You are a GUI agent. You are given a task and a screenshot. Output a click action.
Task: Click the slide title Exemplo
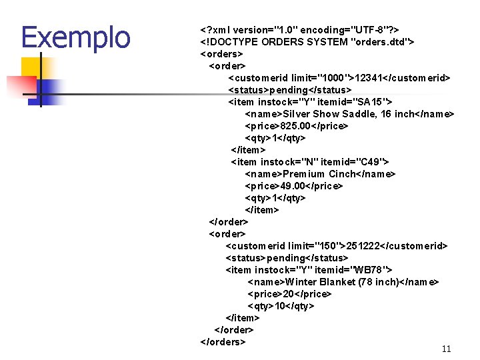[75, 37]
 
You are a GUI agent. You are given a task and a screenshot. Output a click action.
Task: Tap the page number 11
[446, 349]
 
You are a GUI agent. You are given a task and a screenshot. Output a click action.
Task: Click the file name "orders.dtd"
[379, 42]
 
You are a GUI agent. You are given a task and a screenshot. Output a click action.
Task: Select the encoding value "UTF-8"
[367, 30]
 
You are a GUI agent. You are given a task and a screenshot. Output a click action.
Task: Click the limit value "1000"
[334, 78]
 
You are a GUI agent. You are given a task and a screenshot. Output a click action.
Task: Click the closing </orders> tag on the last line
[223, 342]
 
